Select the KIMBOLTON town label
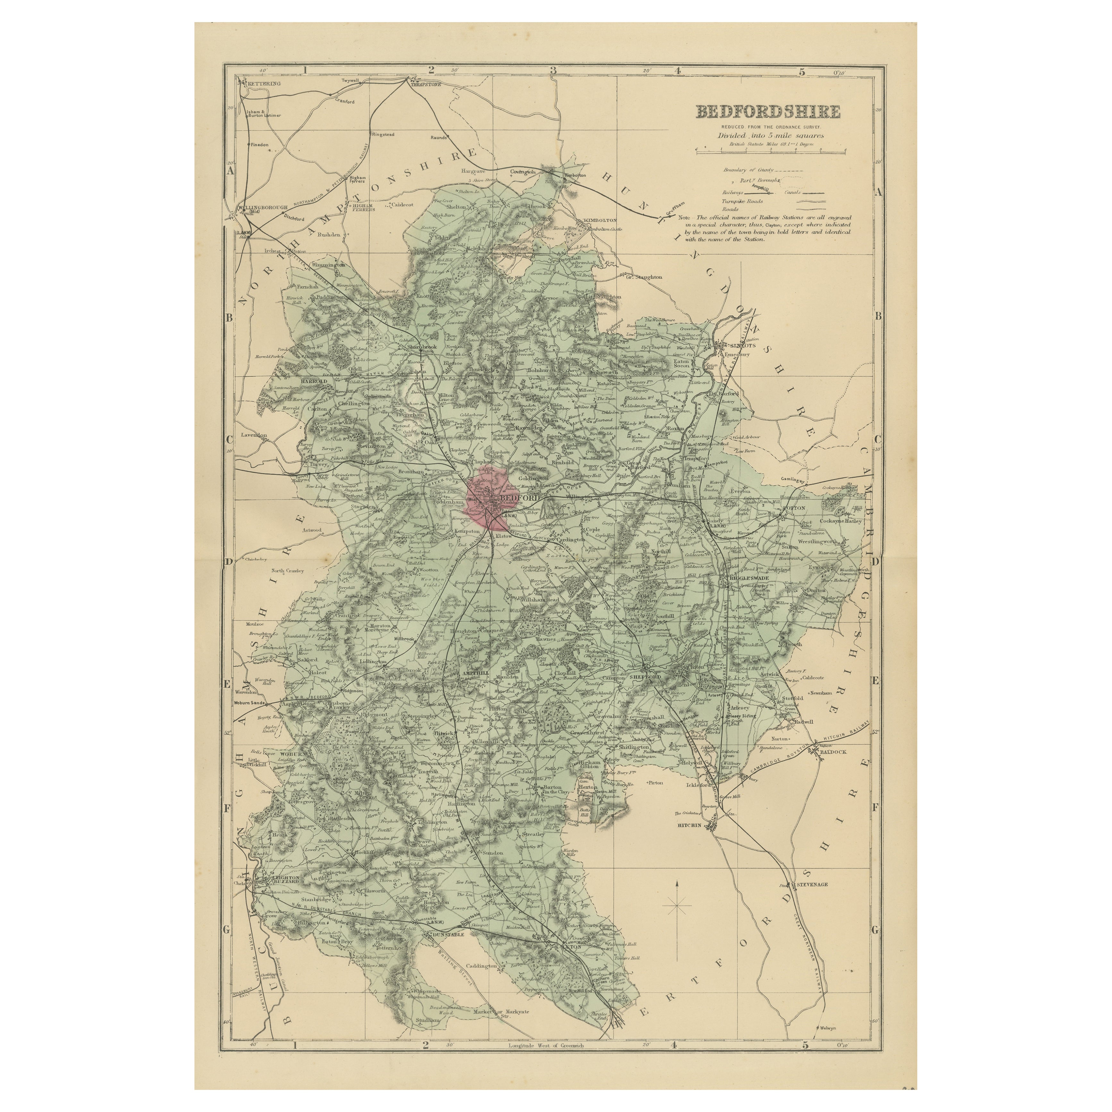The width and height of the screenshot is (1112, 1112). coord(600,220)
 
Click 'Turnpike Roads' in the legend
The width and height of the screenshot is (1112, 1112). coord(741,201)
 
